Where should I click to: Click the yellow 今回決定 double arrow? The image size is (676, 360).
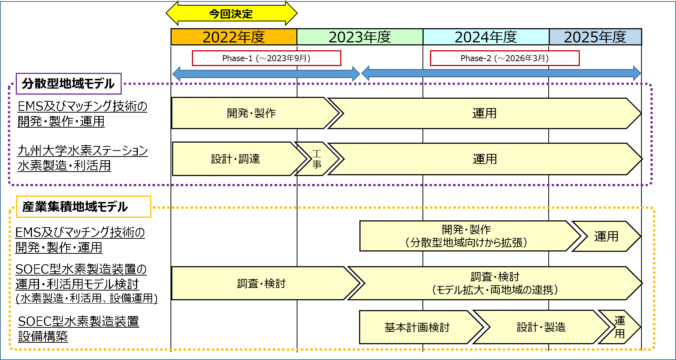[x=231, y=14]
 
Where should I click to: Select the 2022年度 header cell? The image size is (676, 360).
[x=234, y=37]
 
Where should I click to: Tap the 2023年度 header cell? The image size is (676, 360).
[x=360, y=37]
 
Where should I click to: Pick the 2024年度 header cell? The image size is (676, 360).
[x=486, y=37]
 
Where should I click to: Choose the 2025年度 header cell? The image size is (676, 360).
[x=595, y=37]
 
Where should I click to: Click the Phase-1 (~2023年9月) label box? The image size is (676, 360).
[x=266, y=58]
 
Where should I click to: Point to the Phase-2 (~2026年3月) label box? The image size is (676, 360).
[x=504, y=58]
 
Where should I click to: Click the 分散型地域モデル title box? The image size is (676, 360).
[x=68, y=83]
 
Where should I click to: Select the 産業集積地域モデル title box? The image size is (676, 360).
[x=83, y=206]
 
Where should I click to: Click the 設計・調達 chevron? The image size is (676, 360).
[x=235, y=159]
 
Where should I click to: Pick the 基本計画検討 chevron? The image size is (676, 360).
[x=417, y=327]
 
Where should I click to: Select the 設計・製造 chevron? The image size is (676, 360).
[x=541, y=327]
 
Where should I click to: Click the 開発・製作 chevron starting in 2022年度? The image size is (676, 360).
[x=251, y=113]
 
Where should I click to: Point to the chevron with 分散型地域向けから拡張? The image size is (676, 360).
[x=466, y=236]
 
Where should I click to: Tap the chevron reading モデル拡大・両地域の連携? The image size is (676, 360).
[x=495, y=283]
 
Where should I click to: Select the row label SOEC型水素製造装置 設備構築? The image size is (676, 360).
[x=78, y=328]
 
